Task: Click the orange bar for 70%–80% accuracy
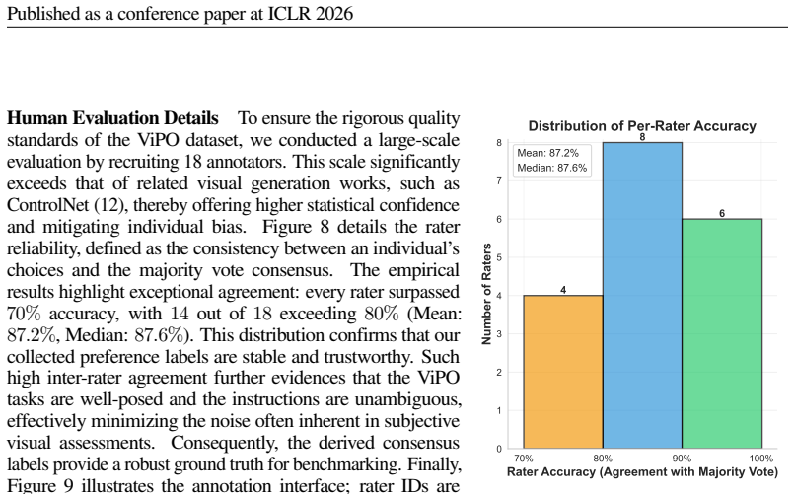click(563, 372)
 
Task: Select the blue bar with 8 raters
click(642, 295)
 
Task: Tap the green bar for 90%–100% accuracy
click(722, 333)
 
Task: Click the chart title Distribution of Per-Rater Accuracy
click(642, 126)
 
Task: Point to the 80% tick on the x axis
click(603, 459)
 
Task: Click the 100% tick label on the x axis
click(761, 459)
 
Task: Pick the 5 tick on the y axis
click(499, 257)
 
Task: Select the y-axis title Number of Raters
click(486, 294)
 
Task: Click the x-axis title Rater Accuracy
click(642, 472)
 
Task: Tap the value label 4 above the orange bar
click(563, 290)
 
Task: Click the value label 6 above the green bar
click(722, 213)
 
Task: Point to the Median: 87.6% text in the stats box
click(552, 168)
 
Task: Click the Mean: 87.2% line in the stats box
click(547, 153)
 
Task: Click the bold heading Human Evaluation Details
click(112, 118)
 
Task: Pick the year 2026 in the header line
click(333, 14)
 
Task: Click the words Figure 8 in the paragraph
click(296, 227)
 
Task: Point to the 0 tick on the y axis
click(499, 449)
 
